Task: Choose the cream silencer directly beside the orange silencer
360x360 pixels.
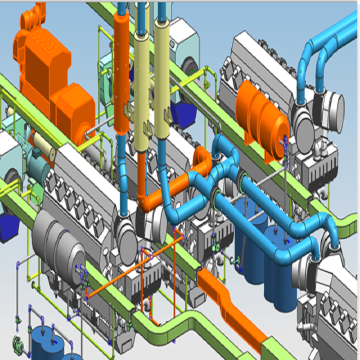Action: [142, 90]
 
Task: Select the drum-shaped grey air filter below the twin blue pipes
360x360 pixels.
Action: [327, 107]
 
